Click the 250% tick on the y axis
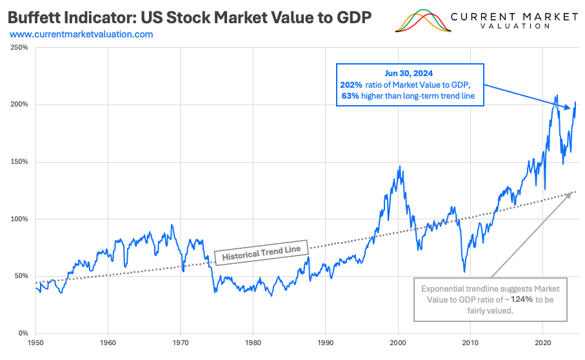point(19,47)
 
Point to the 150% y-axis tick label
point(19,161)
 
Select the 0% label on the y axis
point(22,333)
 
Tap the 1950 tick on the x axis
point(35,342)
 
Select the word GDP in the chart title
point(353,17)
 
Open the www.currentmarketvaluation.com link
point(81,34)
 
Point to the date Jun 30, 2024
point(410,73)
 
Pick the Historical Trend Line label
point(262,250)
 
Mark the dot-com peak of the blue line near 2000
point(399,166)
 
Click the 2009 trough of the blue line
point(464,271)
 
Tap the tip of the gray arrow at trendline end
point(571,192)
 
